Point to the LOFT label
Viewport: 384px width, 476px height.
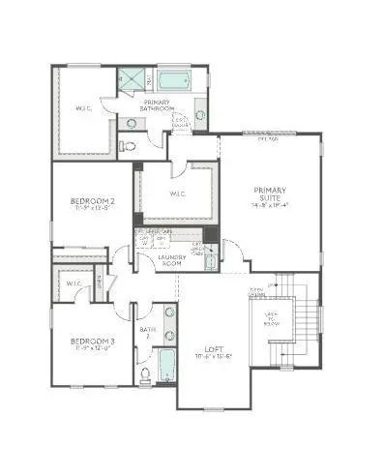click(x=214, y=348)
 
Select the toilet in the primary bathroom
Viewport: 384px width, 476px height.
click(x=127, y=146)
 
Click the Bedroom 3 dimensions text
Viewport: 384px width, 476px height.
click(x=92, y=351)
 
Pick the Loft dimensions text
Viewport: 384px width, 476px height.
click(x=214, y=358)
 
